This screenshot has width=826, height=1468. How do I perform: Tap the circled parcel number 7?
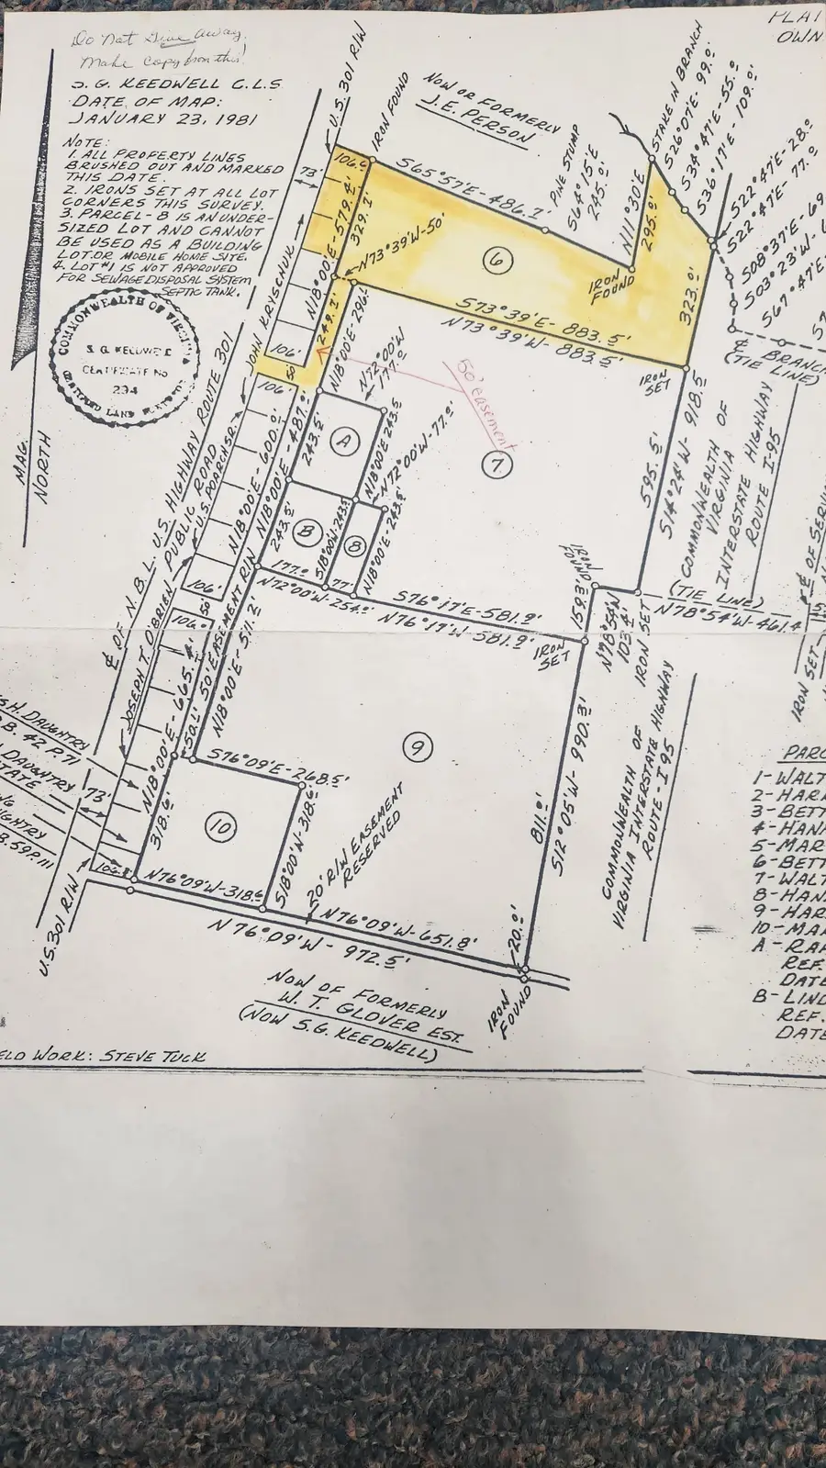pos(497,465)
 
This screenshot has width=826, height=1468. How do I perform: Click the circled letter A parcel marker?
pos(343,443)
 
